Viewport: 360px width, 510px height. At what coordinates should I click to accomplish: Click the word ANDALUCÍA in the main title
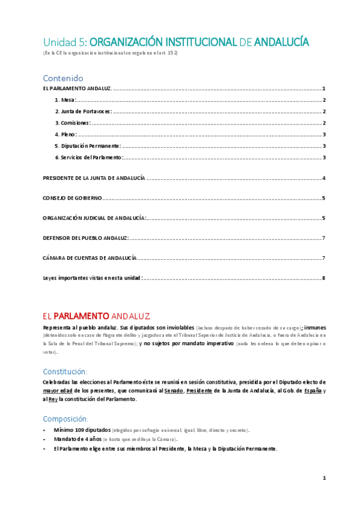tap(282, 41)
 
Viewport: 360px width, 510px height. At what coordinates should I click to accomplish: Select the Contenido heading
tap(63, 78)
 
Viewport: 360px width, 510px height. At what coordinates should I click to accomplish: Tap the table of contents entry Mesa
tap(65, 100)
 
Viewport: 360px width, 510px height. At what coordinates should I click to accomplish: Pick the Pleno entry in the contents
tap(66, 134)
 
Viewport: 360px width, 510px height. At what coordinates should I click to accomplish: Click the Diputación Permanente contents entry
tap(88, 146)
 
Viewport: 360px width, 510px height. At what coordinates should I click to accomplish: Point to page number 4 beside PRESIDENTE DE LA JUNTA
tap(323, 178)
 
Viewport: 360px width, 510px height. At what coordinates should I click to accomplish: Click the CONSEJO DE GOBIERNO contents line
tap(72, 198)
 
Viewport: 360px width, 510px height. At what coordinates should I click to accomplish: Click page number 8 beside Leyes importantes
tap(323, 278)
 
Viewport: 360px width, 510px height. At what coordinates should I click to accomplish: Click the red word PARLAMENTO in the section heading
tap(81, 316)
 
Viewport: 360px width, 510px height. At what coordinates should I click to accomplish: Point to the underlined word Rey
tap(53, 399)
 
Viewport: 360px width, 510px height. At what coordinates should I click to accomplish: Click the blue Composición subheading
tap(66, 419)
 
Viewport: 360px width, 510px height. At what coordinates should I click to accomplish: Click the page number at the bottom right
tap(323, 478)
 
